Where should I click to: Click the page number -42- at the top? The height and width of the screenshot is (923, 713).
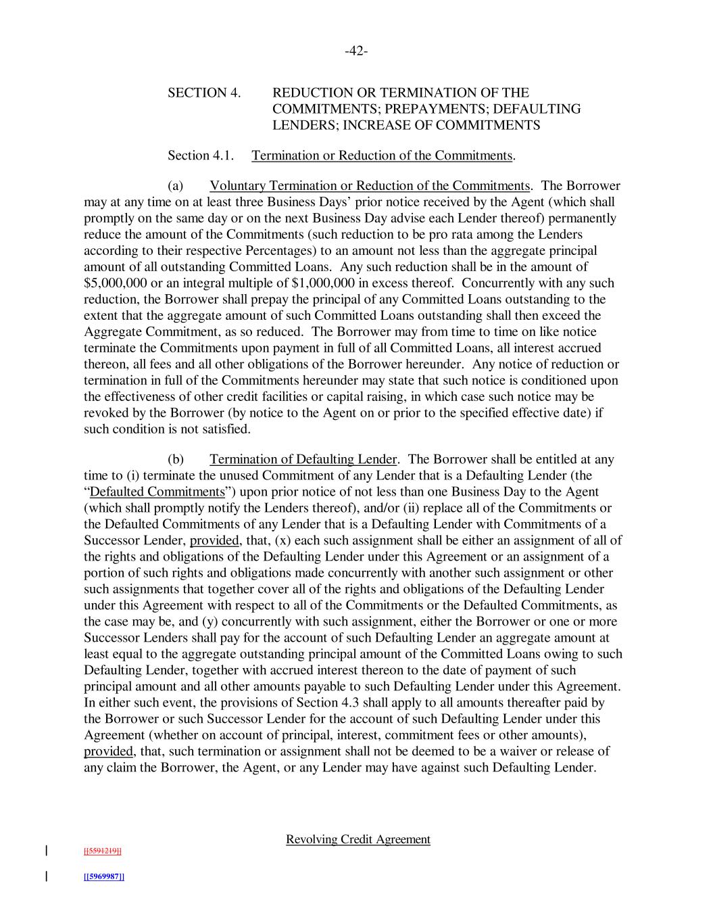[x=356, y=51]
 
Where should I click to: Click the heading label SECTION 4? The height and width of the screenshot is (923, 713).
[x=204, y=93]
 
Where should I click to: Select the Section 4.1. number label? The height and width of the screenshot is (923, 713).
[x=201, y=156]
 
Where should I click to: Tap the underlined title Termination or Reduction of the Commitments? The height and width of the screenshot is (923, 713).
[x=382, y=156]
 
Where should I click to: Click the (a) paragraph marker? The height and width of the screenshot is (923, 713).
[x=175, y=186]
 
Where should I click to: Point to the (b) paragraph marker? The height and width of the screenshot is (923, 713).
[x=175, y=459]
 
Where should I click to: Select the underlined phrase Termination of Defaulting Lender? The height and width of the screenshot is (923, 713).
[x=303, y=459]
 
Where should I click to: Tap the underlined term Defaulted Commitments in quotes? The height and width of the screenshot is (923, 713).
[x=157, y=492]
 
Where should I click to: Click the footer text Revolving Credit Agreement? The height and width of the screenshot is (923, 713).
[x=358, y=839]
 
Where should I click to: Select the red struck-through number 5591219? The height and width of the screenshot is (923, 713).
[x=102, y=851]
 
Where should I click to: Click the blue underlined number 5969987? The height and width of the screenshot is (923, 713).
[x=103, y=877]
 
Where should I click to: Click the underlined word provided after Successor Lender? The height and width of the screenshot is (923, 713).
[x=214, y=540]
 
